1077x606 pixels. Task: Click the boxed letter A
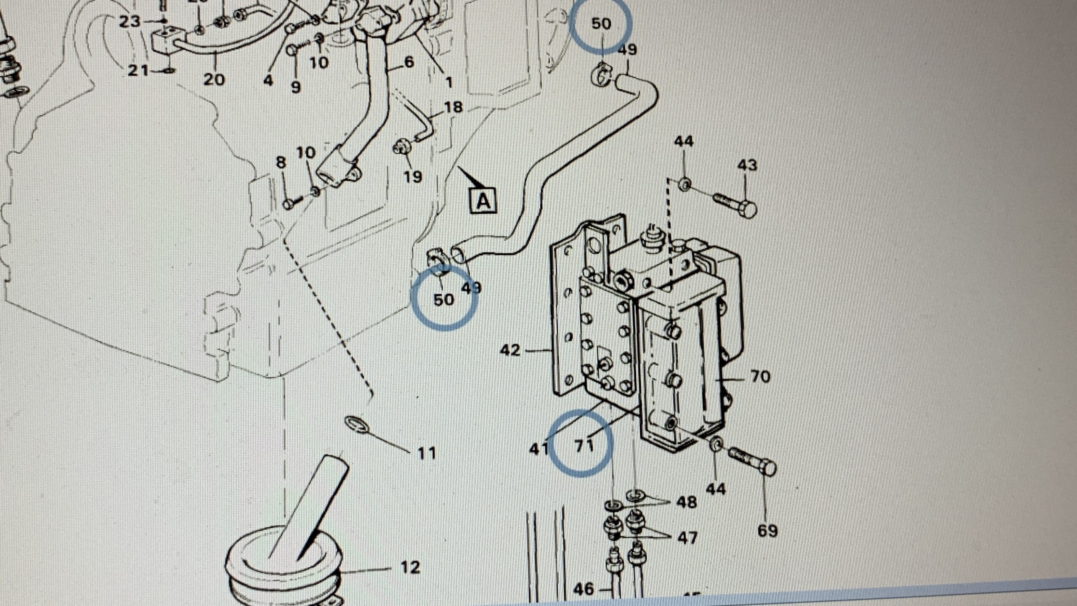pyautogui.click(x=483, y=201)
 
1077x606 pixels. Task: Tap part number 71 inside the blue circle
pyautogui.click(x=584, y=445)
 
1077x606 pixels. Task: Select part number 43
pyautogui.click(x=747, y=165)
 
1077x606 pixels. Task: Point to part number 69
pyautogui.click(x=767, y=531)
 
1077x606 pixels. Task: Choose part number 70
pyautogui.click(x=760, y=377)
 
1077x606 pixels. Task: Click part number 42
pyautogui.click(x=510, y=350)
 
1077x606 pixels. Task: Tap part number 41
pyautogui.click(x=539, y=449)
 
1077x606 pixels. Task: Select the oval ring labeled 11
pyautogui.click(x=357, y=424)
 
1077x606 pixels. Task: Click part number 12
pyautogui.click(x=411, y=567)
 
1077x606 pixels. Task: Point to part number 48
pyautogui.click(x=687, y=502)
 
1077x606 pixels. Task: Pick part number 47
pyautogui.click(x=687, y=537)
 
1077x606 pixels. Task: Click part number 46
pyautogui.click(x=584, y=589)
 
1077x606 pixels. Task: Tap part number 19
pyautogui.click(x=413, y=176)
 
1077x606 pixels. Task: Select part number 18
pyautogui.click(x=453, y=107)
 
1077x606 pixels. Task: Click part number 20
pyautogui.click(x=214, y=79)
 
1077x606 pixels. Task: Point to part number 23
pyautogui.click(x=129, y=21)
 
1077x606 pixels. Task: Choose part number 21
pyautogui.click(x=138, y=70)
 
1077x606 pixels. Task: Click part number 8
pyautogui.click(x=281, y=162)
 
